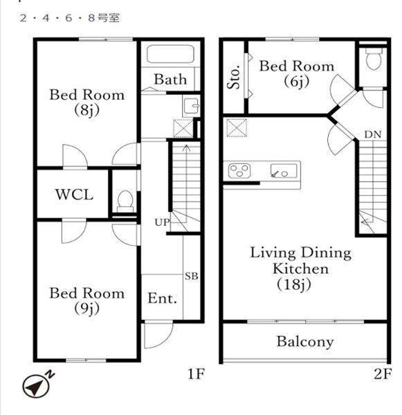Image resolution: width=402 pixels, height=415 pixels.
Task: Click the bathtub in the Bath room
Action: tap(170, 55)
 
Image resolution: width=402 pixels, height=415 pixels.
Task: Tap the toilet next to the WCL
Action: tap(125, 202)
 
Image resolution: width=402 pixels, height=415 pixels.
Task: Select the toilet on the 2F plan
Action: tap(374, 58)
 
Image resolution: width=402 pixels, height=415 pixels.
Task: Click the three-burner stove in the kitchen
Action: tap(239, 170)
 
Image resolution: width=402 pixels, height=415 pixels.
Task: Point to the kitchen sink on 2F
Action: tap(284, 171)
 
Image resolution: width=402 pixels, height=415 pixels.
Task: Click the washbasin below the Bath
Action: tap(192, 106)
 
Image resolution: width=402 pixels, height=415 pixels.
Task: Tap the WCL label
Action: tap(74, 195)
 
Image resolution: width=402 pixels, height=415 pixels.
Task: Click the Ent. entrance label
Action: tap(162, 299)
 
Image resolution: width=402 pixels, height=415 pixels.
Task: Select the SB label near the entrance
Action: tap(192, 276)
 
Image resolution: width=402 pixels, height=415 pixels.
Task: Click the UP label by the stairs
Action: tap(162, 222)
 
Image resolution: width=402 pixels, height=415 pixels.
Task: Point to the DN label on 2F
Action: tap(373, 134)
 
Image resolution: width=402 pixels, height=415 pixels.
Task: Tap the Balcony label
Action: tap(305, 342)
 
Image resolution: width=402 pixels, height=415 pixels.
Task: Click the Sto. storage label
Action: tap(235, 77)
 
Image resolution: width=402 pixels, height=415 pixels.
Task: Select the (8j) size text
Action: tap(87, 110)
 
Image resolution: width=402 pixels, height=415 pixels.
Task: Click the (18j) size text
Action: tap(294, 285)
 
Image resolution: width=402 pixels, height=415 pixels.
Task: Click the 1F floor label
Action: tap(196, 374)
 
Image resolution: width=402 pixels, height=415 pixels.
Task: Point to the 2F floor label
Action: tap(383, 374)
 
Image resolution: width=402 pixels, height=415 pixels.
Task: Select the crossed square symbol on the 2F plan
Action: tap(237, 128)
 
